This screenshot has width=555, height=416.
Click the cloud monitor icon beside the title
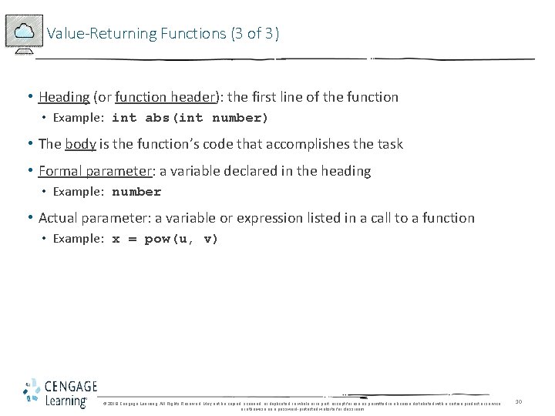pyautogui.click(x=24, y=33)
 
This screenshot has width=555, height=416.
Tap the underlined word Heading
pyautogui.click(x=64, y=97)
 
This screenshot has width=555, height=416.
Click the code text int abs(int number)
pyautogui.click(x=190, y=118)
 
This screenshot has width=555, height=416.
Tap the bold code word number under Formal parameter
pyautogui.click(x=136, y=192)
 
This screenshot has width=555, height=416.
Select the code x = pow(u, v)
pyautogui.click(x=165, y=239)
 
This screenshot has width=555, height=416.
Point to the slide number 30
pyautogui.click(x=519, y=401)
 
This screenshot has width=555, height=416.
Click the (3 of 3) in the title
pyautogui.click(x=254, y=33)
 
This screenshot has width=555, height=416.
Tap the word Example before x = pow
pyautogui.click(x=77, y=239)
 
